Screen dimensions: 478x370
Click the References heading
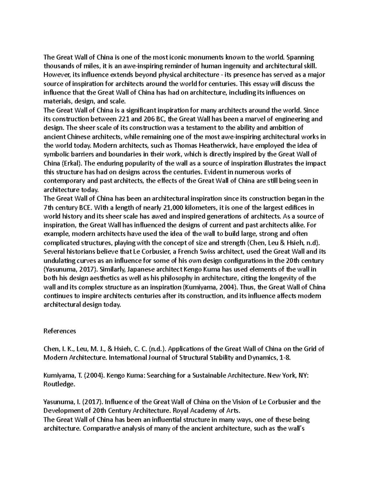[60, 331]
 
